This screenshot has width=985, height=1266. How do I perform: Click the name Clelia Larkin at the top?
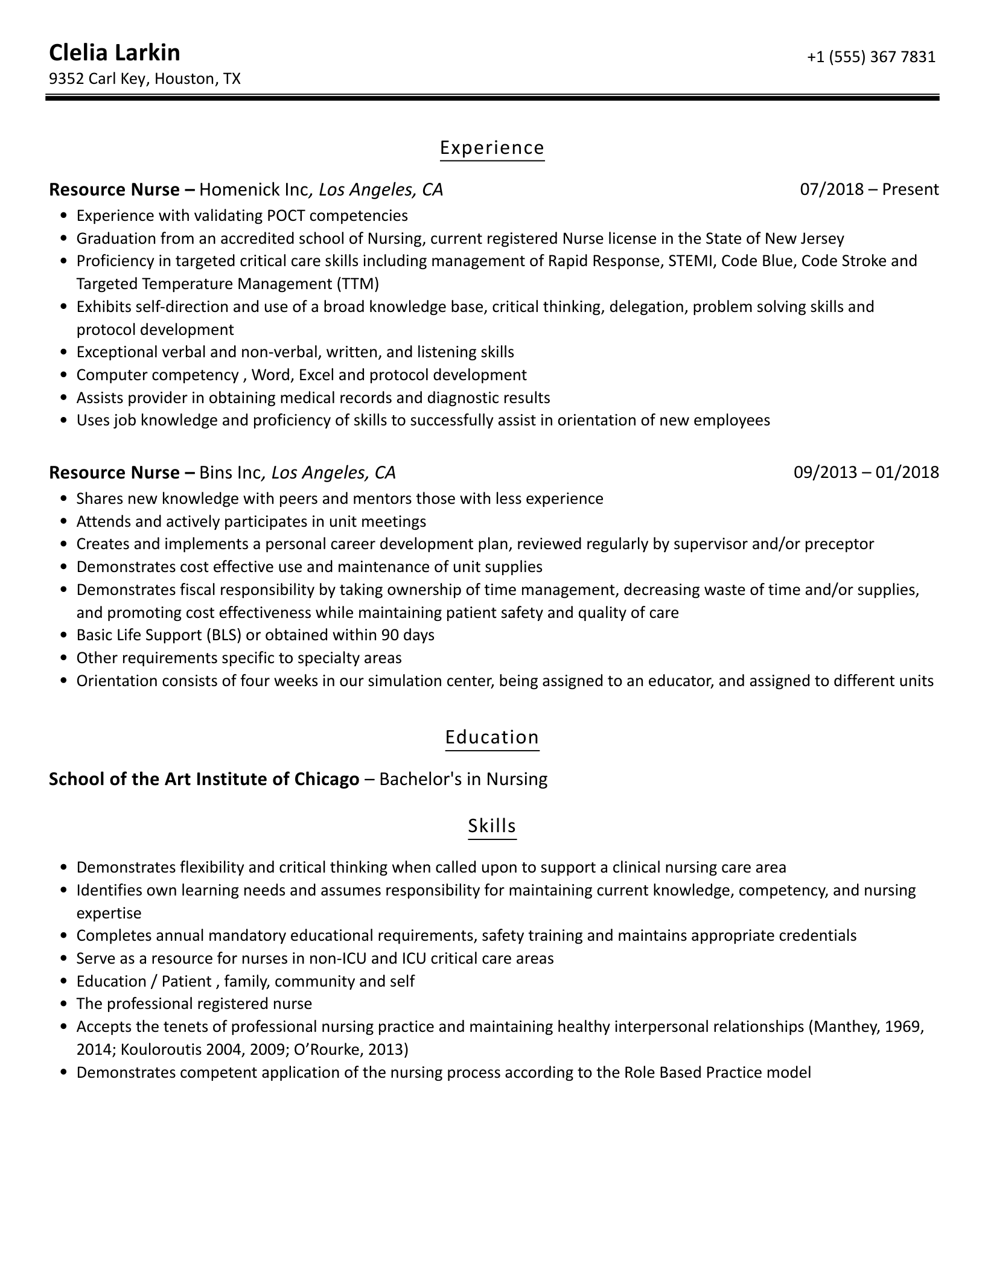(x=114, y=53)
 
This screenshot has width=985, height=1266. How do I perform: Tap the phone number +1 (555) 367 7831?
(x=871, y=57)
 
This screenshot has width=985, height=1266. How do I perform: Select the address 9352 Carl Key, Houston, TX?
(x=144, y=79)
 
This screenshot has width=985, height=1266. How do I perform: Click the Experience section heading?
(x=492, y=148)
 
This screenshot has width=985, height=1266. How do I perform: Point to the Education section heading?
(x=492, y=737)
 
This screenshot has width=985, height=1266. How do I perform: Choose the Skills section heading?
(x=492, y=825)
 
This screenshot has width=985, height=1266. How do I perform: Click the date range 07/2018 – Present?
(x=869, y=189)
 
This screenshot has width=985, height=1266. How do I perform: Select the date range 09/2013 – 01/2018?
(x=866, y=472)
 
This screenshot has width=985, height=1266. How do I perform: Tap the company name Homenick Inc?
(x=253, y=189)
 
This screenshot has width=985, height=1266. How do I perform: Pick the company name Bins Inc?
(x=229, y=472)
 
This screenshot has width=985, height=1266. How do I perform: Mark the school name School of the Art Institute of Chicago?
(x=204, y=779)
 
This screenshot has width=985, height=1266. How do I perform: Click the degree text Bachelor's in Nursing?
(x=464, y=779)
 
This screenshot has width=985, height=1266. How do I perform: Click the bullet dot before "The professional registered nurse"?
(x=64, y=1004)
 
